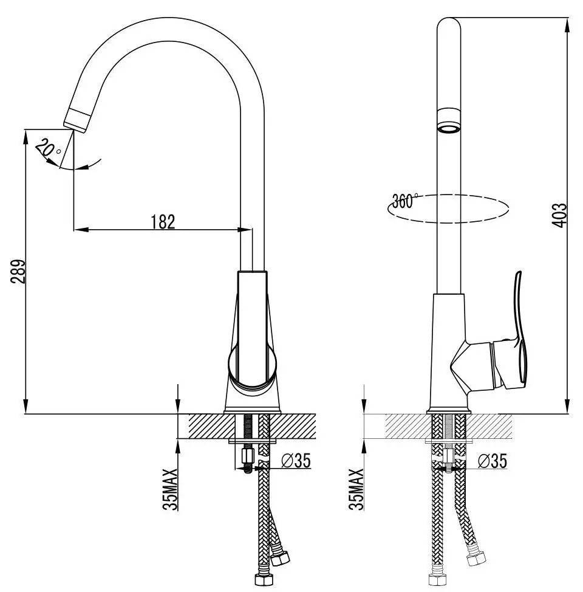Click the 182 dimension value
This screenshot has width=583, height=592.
(163, 221)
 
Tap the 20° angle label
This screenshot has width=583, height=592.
(46, 148)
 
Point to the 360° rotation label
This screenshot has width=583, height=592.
(405, 201)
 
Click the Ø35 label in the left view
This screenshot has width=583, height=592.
(296, 461)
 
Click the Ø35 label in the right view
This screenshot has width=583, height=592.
(492, 461)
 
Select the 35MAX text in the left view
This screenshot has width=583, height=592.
(171, 489)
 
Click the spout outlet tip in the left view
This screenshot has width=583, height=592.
(77, 122)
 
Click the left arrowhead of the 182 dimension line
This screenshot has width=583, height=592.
(79, 230)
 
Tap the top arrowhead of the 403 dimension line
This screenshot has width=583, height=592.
(567, 24)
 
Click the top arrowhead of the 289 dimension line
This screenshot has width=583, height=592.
(26, 136)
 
